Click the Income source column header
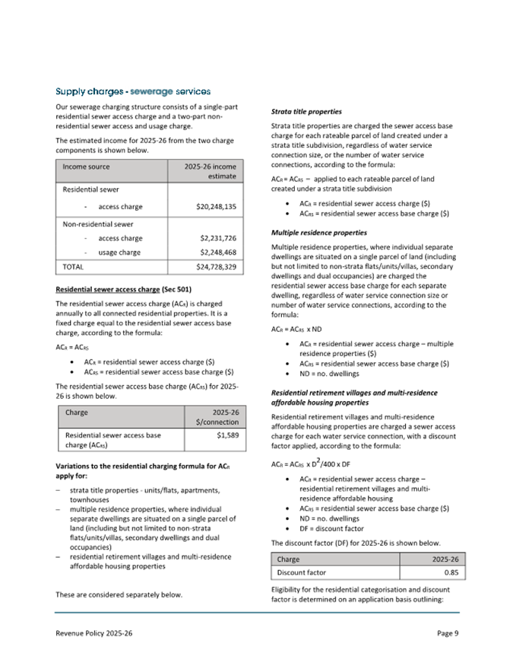pyautogui.click(x=87, y=166)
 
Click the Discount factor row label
pyautogui.click(x=302, y=572)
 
